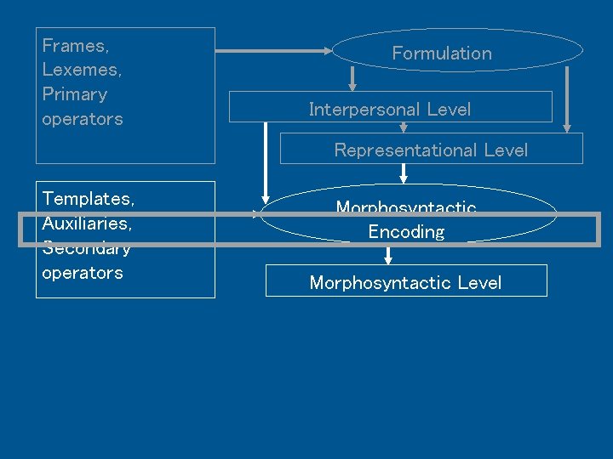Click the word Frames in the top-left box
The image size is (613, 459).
point(75,46)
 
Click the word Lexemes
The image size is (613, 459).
point(82,70)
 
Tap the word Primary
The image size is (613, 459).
point(75,94)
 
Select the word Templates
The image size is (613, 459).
point(88,199)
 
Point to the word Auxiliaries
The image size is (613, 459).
point(87,224)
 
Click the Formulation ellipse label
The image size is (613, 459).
point(442,53)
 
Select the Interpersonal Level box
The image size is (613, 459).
point(390,108)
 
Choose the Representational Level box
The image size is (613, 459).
point(431,150)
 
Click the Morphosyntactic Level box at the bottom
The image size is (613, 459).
point(405,282)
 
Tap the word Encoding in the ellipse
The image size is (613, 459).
point(406,232)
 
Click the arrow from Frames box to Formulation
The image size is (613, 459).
point(272,51)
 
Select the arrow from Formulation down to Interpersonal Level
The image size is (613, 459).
point(352,80)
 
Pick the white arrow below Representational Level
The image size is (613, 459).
point(404,173)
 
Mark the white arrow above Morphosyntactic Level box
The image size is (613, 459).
point(388,255)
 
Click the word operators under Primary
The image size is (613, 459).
point(82,119)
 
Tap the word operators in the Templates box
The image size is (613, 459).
point(82,273)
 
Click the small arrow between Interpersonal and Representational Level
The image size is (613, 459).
point(404,127)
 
